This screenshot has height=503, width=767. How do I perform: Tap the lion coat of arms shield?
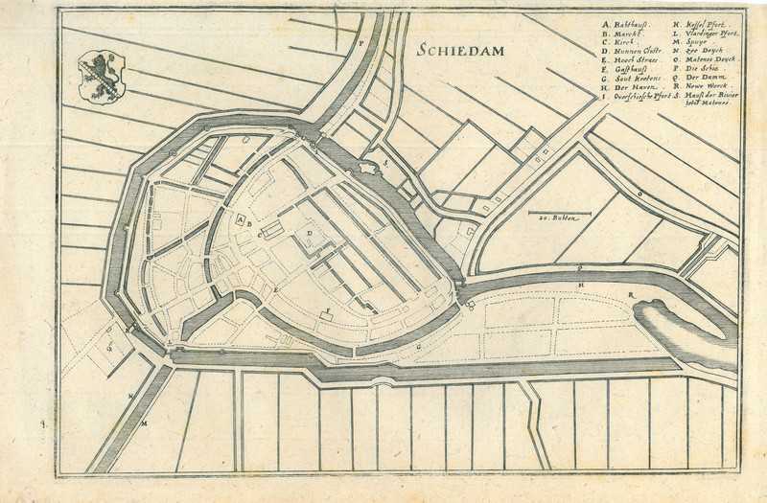[101, 77]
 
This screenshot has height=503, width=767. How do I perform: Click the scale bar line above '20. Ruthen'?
[560, 212]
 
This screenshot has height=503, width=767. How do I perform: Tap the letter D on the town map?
[310, 232]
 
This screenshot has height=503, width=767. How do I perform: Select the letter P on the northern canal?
[360, 43]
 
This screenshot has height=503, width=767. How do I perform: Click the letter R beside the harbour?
[630, 293]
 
